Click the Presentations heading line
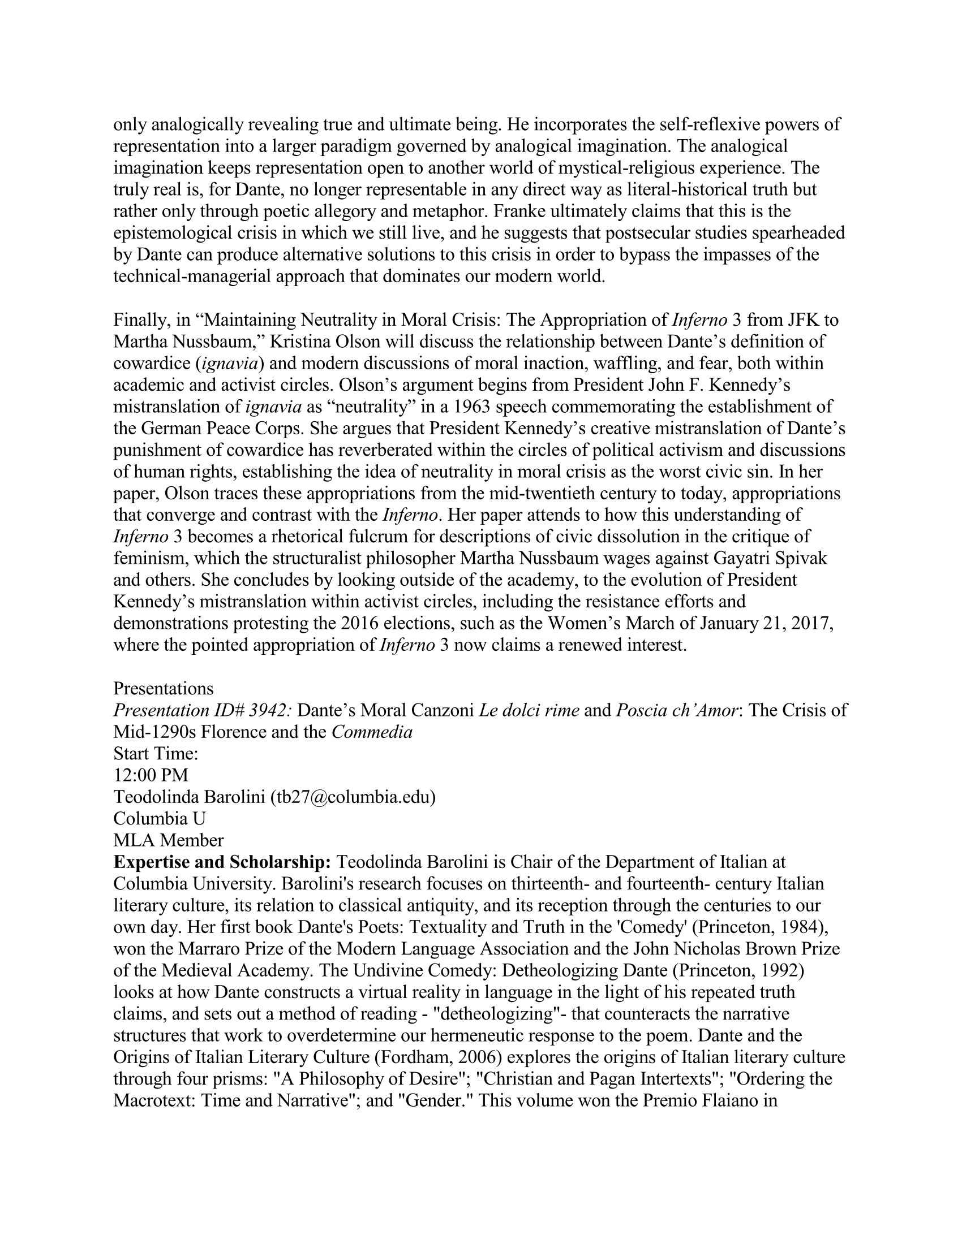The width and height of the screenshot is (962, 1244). [x=163, y=689]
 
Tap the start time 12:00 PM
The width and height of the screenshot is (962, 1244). [x=151, y=775]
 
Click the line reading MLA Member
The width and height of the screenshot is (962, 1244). [x=169, y=840]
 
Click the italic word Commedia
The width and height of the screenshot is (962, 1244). [x=372, y=732]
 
